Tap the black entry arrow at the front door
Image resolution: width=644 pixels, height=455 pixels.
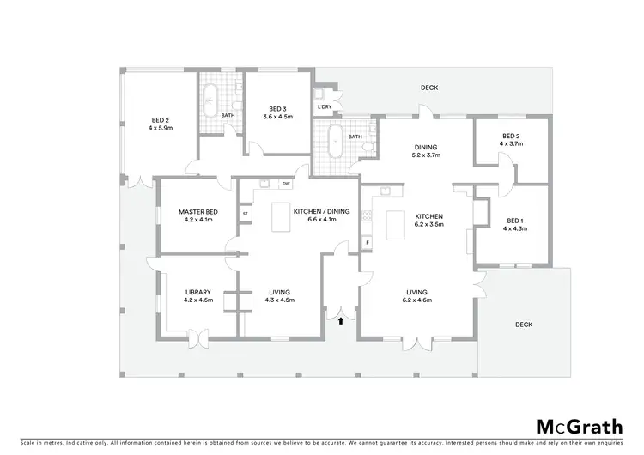tap(342, 320)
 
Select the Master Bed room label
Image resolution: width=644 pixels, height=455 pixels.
tap(197, 215)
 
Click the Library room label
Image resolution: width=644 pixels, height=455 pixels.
tap(197, 295)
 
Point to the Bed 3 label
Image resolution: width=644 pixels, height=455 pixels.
tap(276, 113)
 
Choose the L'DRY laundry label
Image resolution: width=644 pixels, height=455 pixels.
tap(325, 106)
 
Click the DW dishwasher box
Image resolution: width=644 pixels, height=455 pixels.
tap(285, 184)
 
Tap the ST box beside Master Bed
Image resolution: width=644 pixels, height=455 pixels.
tap(245, 213)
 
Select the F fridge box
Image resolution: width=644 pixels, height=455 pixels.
tap(368, 243)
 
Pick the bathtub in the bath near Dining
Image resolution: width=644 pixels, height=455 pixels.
tap(331, 138)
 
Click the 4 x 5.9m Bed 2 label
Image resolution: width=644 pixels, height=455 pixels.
tap(161, 124)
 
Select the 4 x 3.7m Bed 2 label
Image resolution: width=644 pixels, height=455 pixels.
tap(512, 140)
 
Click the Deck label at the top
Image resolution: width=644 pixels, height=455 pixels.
tap(429, 88)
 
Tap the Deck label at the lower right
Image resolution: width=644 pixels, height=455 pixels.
tap(524, 325)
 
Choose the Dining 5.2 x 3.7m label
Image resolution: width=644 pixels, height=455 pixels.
tap(426, 152)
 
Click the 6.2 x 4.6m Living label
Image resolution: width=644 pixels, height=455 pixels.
tap(416, 295)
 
